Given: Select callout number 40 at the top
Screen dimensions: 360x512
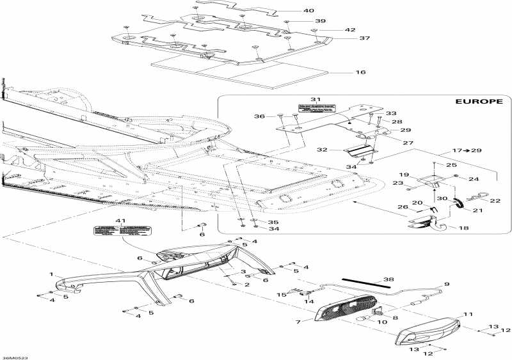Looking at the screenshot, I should (309, 11).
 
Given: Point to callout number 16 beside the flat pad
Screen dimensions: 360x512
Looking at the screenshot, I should (361, 72).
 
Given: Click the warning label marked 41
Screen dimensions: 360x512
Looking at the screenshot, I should (113, 231).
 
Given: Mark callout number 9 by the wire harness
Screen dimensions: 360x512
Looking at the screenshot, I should (447, 283).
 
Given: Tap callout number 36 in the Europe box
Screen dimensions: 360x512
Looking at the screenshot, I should (259, 116).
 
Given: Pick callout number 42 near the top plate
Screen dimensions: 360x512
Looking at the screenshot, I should (350, 29).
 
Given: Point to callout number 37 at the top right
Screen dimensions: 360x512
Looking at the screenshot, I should (364, 38).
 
